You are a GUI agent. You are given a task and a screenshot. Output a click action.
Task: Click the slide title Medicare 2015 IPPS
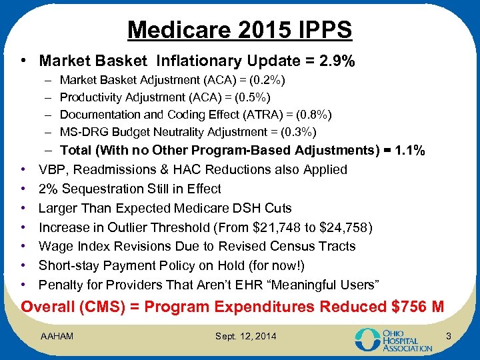click(x=239, y=29)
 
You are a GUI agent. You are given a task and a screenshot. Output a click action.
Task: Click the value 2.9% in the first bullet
click(x=337, y=61)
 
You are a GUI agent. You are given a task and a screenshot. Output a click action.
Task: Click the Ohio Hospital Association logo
click(x=393, y=338)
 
